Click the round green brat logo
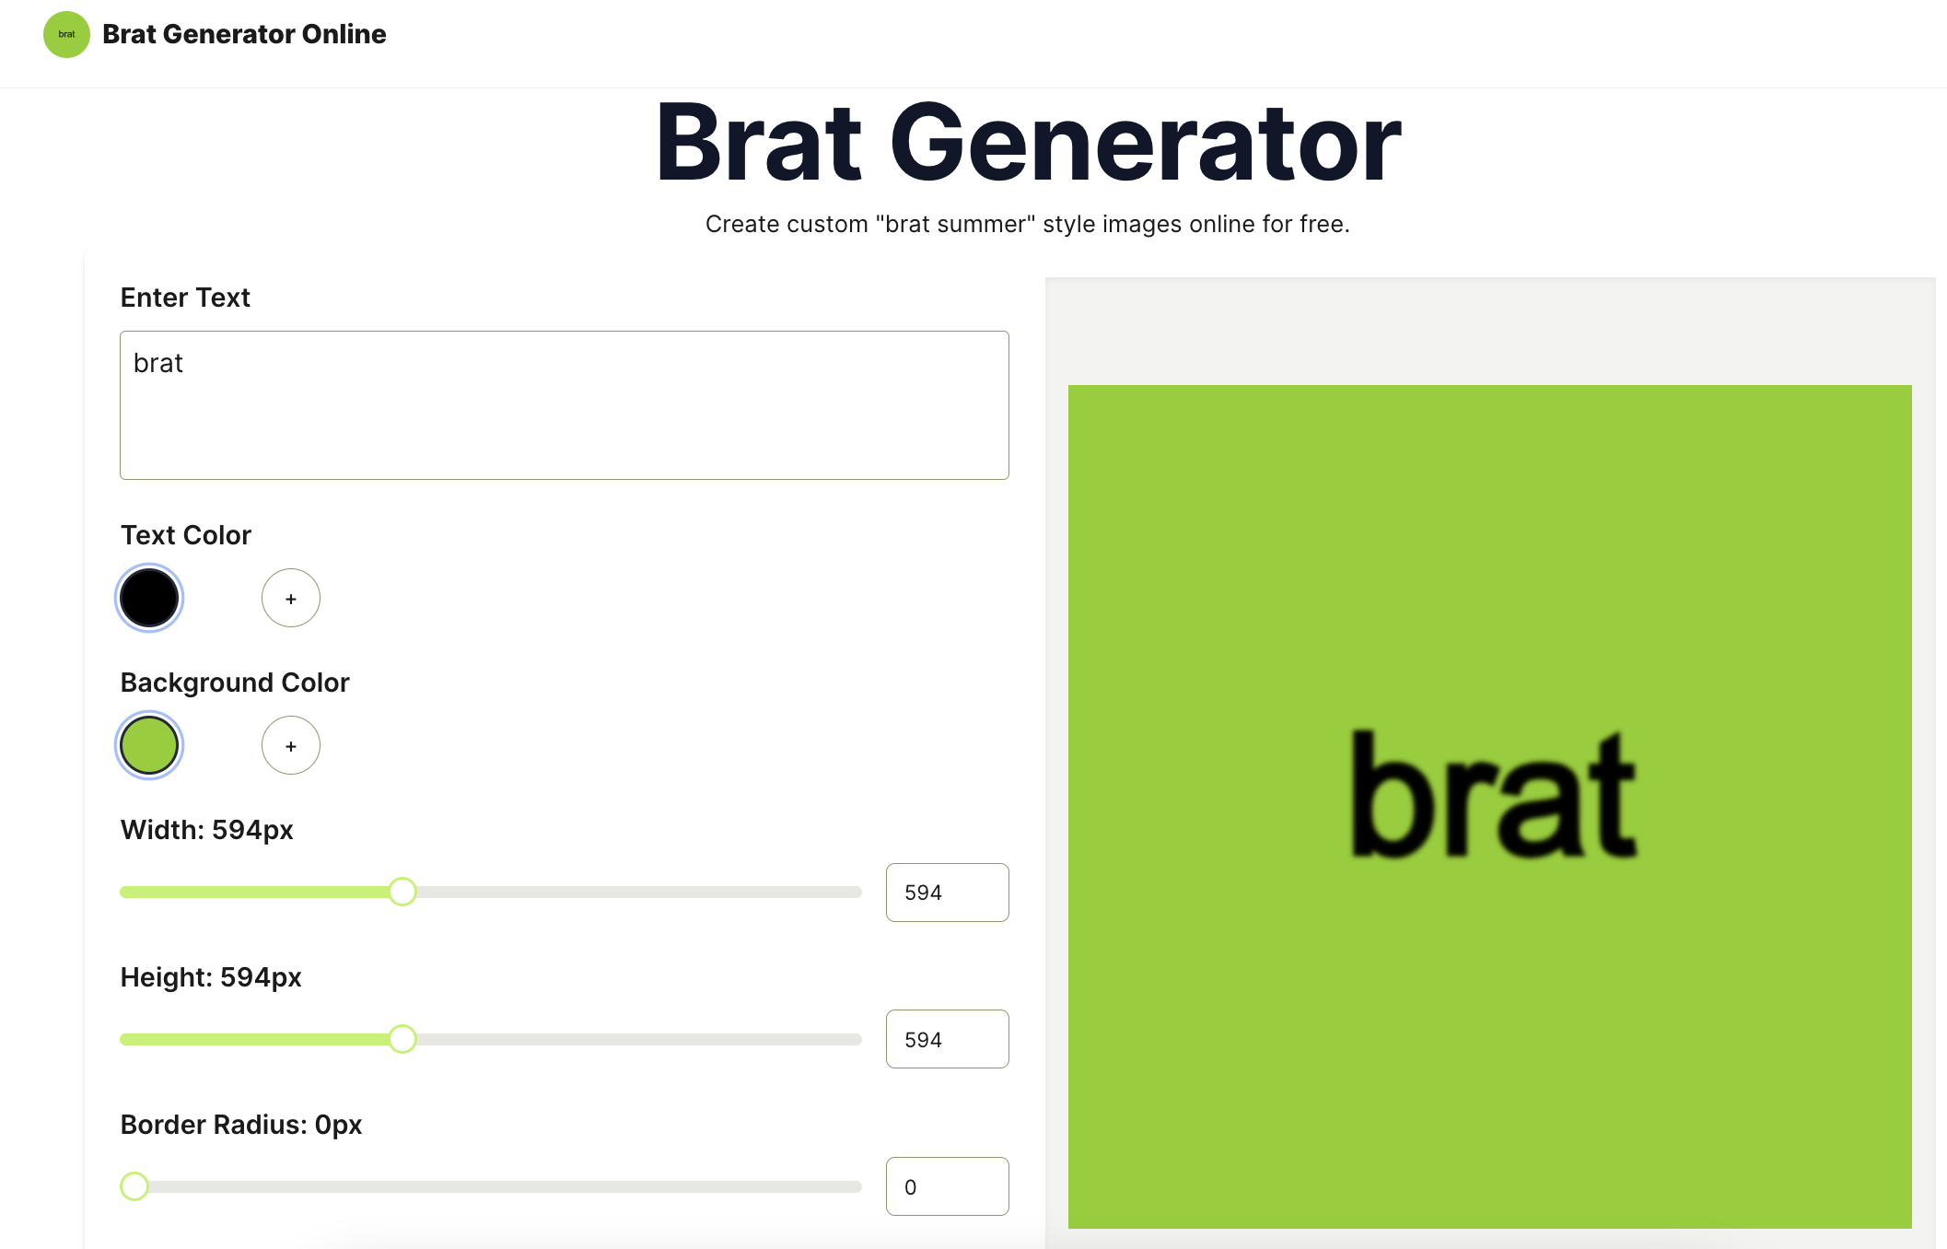(66, 34)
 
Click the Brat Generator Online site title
(244, 34)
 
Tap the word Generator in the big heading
(1144, 144)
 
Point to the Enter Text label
(185, 298)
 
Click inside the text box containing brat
(564, 405)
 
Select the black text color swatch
(149, 598)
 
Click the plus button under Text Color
(291, 598)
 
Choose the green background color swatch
(149, 745)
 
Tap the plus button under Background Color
(291, 745)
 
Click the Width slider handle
(402, 892)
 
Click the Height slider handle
(402, 1039)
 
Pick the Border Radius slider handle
(134, 1186)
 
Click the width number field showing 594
(947, 893)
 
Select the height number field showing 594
(947, 1040)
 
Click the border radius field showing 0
(947, 1187)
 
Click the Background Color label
(235, 683)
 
